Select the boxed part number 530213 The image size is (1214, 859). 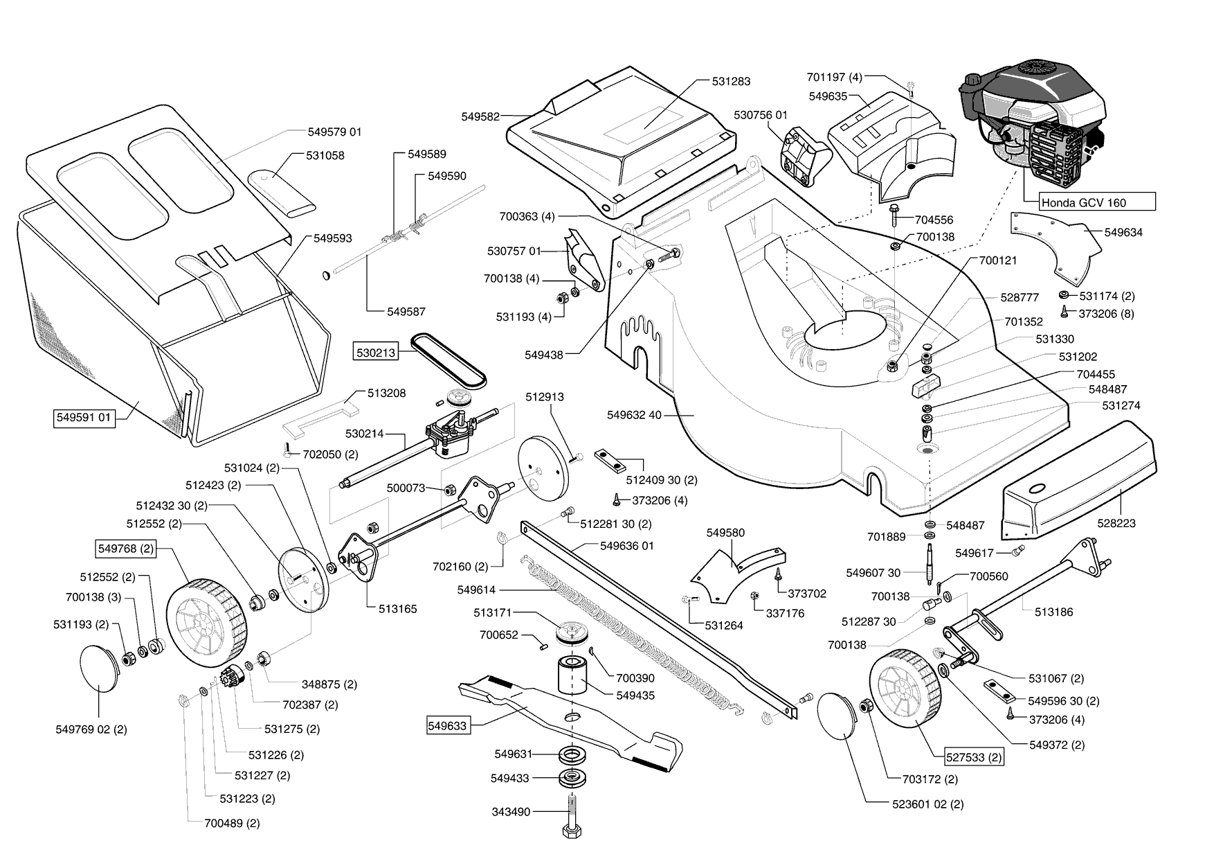click(x=376, y=353)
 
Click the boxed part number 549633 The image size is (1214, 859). click(x=447, y=726)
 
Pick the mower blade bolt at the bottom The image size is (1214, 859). click(x=573, y=821)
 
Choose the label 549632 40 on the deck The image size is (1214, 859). click(x=634, y=415)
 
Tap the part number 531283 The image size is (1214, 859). click(x=731, y=81)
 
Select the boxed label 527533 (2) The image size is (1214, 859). click(x=975, y=757)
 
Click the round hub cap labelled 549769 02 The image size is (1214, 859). click(x=104, y=668)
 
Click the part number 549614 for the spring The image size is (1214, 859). click(x=478, y=590)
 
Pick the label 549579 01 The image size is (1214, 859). click(x=335, y=132)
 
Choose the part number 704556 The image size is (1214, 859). click(x=934, y=220)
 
